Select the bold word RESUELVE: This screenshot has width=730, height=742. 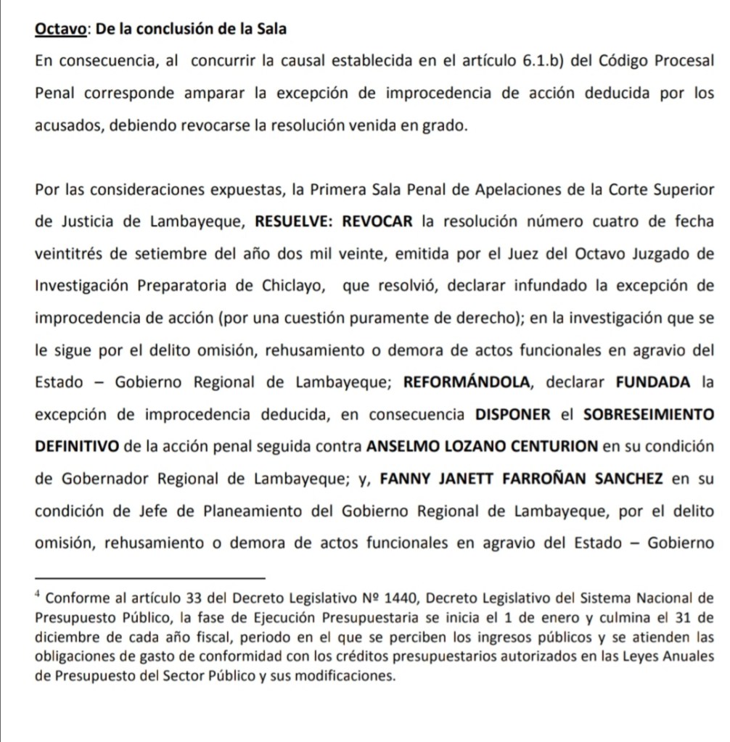(x=293, y=222)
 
